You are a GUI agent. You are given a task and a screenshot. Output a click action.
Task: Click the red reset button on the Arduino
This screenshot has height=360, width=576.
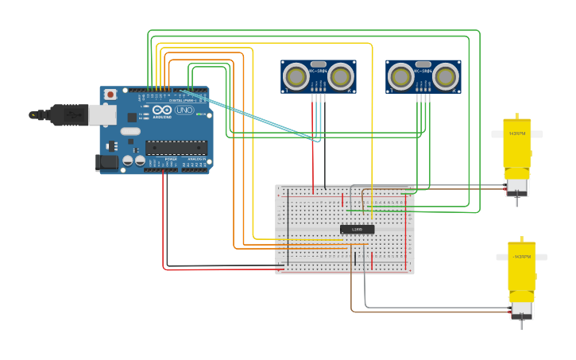[109, 95]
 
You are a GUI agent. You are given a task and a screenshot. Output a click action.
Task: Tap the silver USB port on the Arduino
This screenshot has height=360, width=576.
[102, 115]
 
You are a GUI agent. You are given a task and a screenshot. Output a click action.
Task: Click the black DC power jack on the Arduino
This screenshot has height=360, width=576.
[106, 163]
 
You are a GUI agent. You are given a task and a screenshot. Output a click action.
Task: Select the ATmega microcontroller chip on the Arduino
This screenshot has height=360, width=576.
[176, 146]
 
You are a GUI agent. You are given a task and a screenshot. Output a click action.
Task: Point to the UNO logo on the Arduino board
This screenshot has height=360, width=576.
[184, 110]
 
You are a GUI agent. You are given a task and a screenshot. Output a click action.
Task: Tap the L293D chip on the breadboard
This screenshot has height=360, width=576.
[357, 229]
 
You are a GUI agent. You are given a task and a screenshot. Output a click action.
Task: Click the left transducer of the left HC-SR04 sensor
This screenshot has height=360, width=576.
[296, 76]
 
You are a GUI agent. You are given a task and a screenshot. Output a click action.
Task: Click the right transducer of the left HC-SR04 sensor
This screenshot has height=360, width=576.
[341, 76]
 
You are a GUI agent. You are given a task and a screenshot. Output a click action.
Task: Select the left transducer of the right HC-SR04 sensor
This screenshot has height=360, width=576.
[401, 76]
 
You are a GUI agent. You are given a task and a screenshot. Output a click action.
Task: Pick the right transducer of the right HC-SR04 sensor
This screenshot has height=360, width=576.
[446, 76]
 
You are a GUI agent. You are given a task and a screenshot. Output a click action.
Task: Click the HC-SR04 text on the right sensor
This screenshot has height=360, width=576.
[423, 71]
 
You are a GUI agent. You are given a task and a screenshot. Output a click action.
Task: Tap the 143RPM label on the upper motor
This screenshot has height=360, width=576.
[516, 134]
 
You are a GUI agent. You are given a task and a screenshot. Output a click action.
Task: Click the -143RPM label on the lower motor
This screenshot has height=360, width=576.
[521, 257]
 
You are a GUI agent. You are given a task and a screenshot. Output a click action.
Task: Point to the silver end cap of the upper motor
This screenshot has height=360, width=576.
[517, 186]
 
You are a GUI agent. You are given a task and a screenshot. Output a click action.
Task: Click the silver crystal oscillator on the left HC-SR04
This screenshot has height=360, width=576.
[319, 64]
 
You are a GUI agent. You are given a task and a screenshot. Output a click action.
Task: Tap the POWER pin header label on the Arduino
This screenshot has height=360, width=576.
[170, 160]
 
